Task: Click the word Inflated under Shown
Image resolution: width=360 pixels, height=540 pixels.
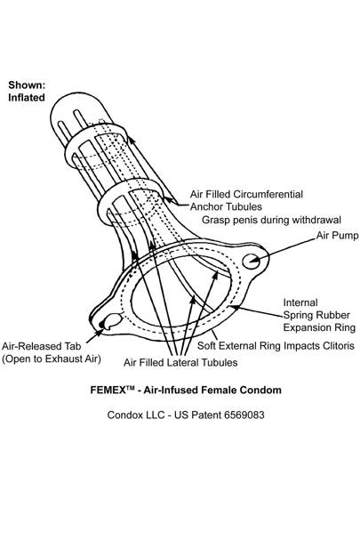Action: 27,98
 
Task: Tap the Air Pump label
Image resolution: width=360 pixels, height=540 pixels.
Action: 337,236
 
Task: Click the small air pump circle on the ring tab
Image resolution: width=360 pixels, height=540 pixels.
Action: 252,261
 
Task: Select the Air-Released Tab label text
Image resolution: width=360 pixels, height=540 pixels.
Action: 41,346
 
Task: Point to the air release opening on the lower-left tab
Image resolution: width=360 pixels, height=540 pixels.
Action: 111,321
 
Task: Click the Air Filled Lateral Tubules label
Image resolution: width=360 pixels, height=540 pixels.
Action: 180,362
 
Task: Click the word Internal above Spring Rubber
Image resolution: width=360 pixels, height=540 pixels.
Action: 300,302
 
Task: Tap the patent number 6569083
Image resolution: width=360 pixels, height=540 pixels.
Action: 244,415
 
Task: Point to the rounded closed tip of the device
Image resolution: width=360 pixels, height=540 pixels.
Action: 68,103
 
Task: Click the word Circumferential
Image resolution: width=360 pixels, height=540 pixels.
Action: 268,194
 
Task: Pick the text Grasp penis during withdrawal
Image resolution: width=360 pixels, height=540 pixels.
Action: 271,220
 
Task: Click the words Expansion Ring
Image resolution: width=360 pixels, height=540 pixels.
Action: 319,327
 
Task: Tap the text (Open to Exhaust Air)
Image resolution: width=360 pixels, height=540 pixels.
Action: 52,359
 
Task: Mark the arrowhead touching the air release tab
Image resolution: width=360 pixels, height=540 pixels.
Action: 100,333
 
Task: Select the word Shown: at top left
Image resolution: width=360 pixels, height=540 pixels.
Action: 27,85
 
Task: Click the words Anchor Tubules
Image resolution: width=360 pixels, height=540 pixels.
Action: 226,206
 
